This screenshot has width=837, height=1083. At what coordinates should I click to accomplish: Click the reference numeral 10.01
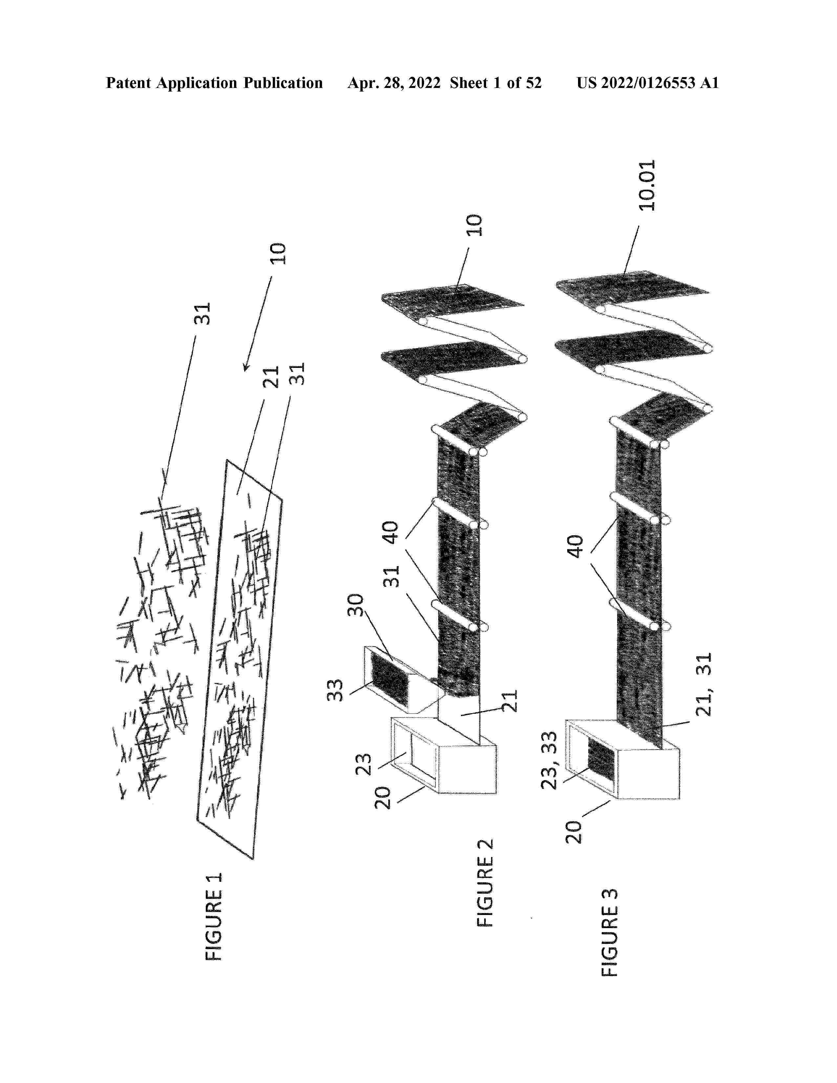[x=647, y=185]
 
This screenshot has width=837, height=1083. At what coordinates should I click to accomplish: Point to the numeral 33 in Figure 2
[x=335, y=690]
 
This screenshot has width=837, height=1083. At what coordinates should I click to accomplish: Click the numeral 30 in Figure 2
[x=355, y=605]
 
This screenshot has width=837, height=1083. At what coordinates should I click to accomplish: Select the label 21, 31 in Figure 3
[x=704, y=684]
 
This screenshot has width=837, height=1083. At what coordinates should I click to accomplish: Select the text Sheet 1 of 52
[x=496, y=83]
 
